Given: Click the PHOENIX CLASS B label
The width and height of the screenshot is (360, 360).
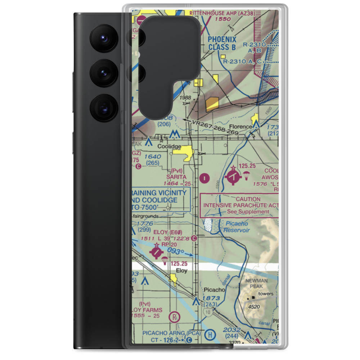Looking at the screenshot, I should click(x=222, y=43).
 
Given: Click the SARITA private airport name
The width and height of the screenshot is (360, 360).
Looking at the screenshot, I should click(x=176, y=177).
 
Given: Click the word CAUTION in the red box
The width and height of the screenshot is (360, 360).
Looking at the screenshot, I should click(x=248, y=199).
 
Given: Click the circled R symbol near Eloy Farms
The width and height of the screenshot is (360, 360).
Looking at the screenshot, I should click(x=175, y=317).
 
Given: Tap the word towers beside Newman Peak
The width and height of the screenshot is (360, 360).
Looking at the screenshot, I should click(x=265, y=294).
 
